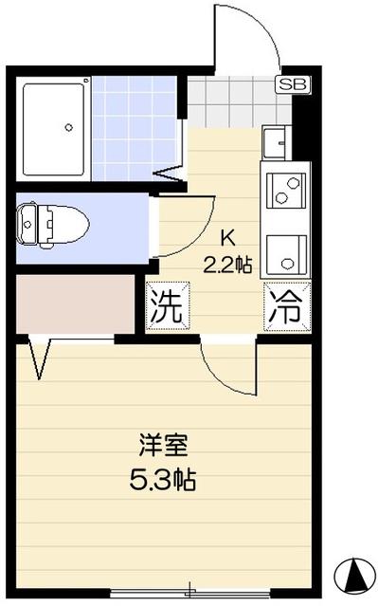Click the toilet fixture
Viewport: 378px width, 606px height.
(x=54, y=225)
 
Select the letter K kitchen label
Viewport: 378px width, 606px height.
(x=228, y=238)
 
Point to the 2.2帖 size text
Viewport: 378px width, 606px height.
(x=228, y=264)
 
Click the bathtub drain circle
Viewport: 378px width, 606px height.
(x=68, y=124)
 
